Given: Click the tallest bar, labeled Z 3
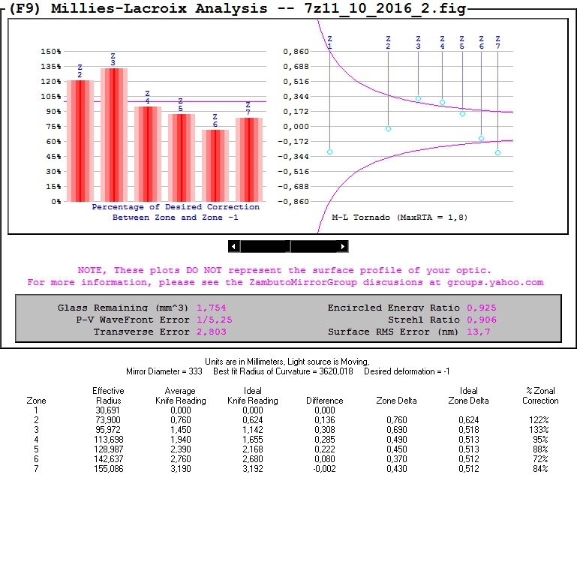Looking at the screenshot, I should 113,135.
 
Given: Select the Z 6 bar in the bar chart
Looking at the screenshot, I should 215,165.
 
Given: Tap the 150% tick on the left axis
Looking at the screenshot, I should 51,52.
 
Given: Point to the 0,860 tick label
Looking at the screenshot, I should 296,52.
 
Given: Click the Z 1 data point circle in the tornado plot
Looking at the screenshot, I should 330,152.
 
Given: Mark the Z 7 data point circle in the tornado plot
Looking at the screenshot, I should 497,153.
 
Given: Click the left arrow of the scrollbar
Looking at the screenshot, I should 234,246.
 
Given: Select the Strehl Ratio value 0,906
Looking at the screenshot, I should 481,320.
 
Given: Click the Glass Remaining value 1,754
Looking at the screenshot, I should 211,308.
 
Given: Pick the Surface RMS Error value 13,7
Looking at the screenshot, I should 478,332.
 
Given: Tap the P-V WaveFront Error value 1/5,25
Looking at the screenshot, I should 214,320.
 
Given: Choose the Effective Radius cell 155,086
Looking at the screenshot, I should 108,468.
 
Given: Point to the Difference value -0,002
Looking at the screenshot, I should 324,468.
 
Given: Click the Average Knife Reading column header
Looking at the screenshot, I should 180,395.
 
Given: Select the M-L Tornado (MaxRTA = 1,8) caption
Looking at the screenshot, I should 399,217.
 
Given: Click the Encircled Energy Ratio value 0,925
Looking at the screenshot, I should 481,308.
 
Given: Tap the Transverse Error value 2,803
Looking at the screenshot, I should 211,332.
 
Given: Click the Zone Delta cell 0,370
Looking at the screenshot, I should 396,458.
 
